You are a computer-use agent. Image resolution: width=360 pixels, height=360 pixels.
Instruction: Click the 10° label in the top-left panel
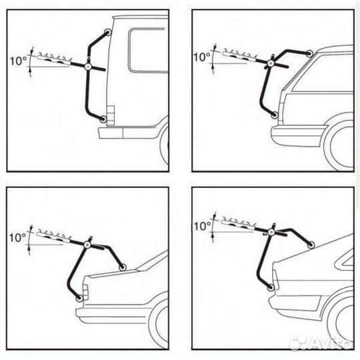point(18,61)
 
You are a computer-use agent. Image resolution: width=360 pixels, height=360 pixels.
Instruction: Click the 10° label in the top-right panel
point(202,57)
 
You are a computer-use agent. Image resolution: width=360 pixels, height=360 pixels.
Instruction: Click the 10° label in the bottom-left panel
point(18,237)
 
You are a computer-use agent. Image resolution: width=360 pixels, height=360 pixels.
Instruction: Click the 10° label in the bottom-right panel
point(202,226)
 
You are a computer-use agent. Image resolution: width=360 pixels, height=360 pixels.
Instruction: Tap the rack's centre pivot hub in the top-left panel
point(88,67)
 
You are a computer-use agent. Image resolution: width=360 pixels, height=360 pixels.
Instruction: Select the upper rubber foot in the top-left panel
point(108,32)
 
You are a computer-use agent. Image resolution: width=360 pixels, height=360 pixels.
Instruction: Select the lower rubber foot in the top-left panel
point(103,119)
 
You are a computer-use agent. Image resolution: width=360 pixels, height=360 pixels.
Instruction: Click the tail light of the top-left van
point(111,115)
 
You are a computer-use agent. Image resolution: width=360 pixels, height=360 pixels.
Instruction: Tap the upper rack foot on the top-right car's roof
point(310,53)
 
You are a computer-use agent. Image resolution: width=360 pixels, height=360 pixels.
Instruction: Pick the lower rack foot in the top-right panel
point(275,115)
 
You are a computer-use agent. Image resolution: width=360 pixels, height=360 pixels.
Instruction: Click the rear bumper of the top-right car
point(299,136)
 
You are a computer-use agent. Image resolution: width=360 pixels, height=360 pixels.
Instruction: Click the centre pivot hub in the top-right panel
point(270,63)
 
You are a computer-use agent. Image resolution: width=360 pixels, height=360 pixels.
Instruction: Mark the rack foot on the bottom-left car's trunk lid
point(123,267)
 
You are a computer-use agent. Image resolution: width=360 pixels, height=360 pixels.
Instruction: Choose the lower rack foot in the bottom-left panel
point(79,298)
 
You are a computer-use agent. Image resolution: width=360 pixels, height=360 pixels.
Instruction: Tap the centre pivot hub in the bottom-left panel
point(87,245)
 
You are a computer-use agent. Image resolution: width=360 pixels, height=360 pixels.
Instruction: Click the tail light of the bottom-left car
point(85,292)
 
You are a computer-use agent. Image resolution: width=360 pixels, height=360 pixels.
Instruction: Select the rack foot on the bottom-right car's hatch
point(311,245)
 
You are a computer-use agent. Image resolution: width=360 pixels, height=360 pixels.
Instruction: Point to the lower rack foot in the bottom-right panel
point(271,287)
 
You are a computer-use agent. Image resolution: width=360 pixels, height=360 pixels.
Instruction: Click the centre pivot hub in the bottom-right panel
point(271,233)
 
